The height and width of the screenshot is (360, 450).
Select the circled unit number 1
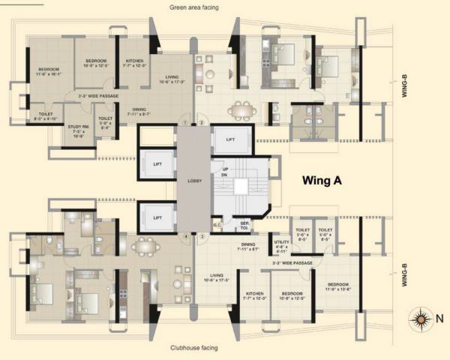click(x=185, y=123)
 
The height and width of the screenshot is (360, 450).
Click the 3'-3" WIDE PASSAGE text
click(x=292, y=263)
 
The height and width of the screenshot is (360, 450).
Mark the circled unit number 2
click(x=201, y=123)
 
